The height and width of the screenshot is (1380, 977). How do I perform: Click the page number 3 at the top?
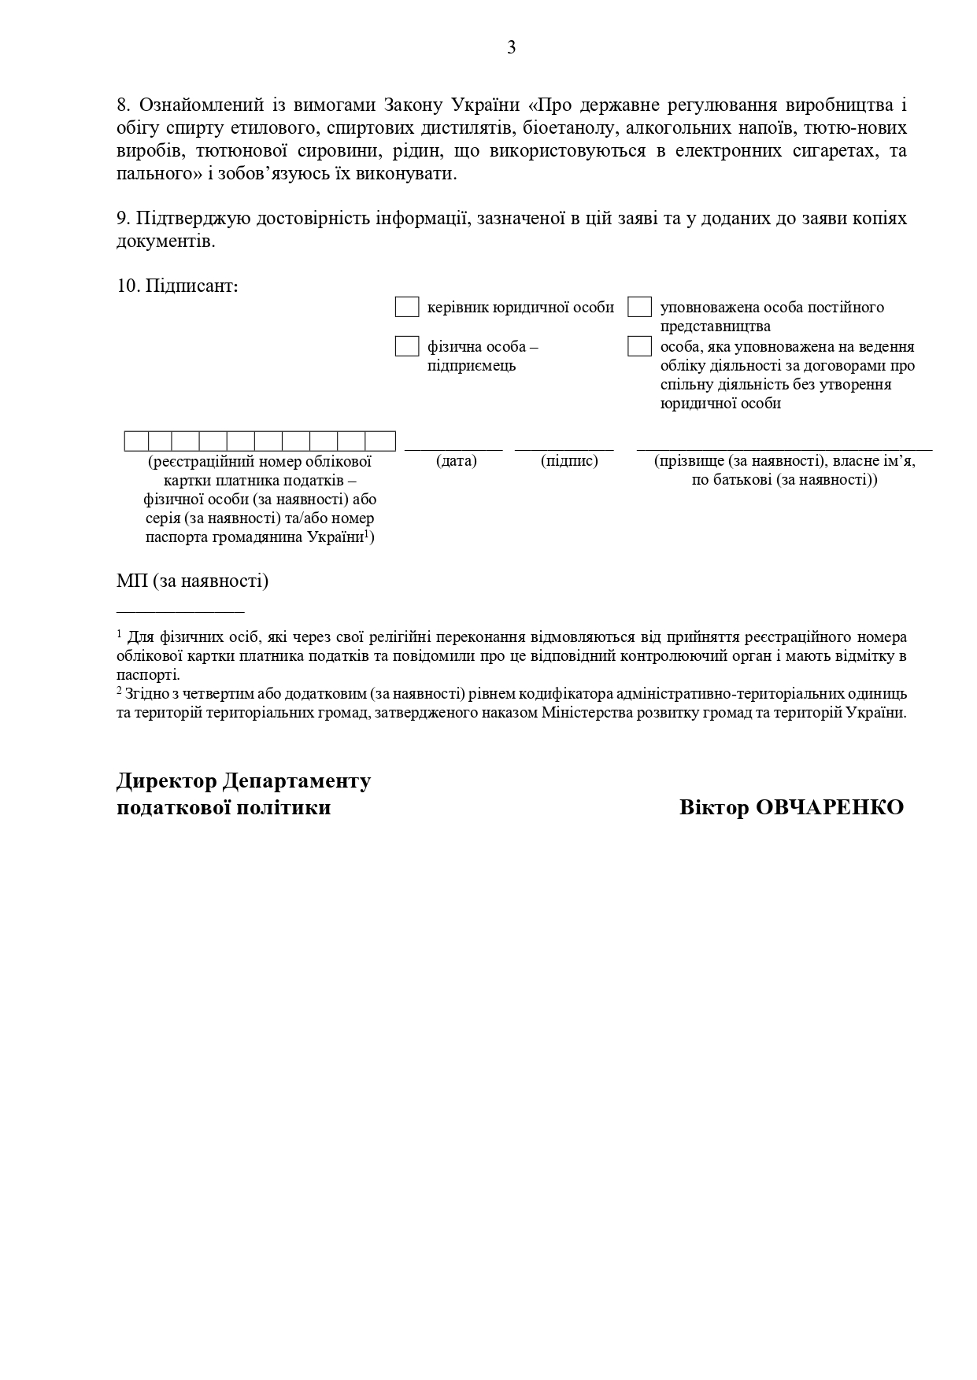pos(511,48)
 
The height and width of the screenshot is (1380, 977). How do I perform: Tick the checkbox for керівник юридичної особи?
pos(406,307)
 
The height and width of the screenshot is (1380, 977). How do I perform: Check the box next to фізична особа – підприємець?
pos(406,346)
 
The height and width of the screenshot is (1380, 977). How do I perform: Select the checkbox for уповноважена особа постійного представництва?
pos(639,307)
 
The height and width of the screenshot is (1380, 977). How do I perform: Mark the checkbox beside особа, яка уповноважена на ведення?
pos(639,346)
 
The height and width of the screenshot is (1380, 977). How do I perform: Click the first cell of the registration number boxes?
pos(136,441)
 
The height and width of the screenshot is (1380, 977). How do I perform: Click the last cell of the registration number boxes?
pos(380,441)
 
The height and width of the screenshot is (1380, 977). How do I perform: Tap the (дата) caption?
pos(457,461)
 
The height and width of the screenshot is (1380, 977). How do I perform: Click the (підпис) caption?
pos(569,461)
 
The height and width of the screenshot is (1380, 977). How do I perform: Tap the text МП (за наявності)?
pos(192,581)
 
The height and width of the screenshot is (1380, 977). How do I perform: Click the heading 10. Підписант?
pos(177,286)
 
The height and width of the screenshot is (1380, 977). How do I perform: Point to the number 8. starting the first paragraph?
pos(123,105)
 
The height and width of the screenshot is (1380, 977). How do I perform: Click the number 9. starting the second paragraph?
pos(123,218)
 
